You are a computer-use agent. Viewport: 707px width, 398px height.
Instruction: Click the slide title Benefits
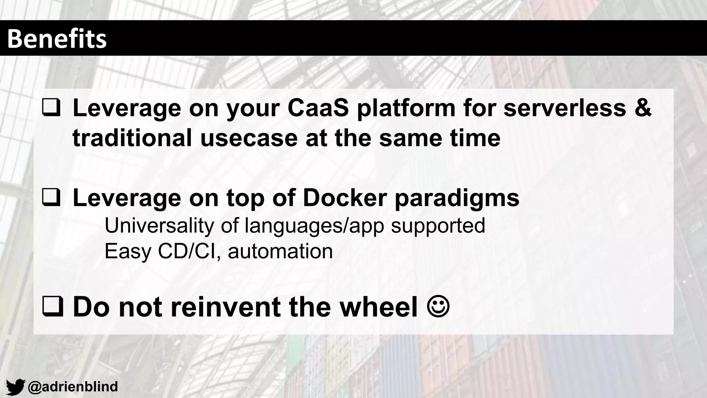pos(57,39)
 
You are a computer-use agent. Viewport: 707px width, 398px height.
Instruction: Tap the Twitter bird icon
pos(16,387)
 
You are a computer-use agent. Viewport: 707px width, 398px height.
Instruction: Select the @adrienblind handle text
pos(73,387)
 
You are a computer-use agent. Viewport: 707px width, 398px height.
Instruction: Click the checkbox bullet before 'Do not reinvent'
pos(52,306)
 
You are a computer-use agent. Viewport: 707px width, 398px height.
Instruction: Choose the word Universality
pos(159,226)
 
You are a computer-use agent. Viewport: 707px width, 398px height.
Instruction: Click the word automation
pos(280,252)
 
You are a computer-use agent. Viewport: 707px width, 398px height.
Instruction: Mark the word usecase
pos(249,138)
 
